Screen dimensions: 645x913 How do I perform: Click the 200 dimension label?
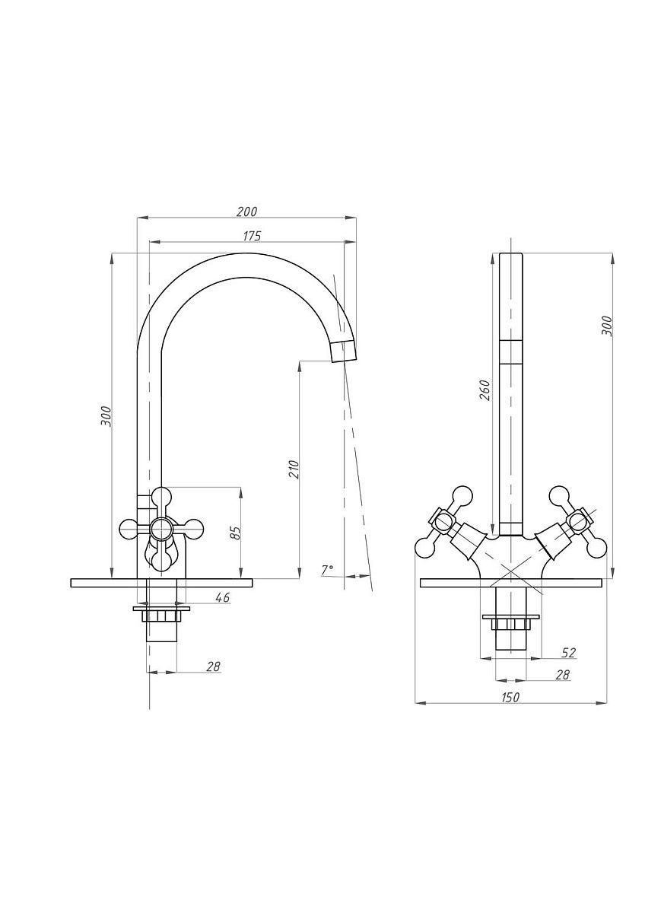(x=246, y=212)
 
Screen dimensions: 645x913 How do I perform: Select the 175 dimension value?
(x=252, y=236)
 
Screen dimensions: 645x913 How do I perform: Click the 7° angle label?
(x=327, y=569)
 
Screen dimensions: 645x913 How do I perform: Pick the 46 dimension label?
(x=222, y=597)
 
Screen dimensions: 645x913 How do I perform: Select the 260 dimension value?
(x=485, y=390)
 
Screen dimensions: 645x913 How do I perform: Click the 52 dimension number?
(x=568, y=653)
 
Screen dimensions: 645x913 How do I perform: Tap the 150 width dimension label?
(x=510, y=697)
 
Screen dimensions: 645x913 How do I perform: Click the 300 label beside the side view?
(x=106, y=415)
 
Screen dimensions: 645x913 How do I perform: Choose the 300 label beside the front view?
(x=607, y=326)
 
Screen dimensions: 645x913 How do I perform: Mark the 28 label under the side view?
(x=213, y=666)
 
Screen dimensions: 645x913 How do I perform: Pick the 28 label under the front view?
(x=562, y=675)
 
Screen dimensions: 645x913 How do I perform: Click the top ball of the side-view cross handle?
(x=161, y=498)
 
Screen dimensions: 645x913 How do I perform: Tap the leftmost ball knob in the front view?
(x=424, y=548)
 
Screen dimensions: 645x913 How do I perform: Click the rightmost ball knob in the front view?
(x=597, y=548)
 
